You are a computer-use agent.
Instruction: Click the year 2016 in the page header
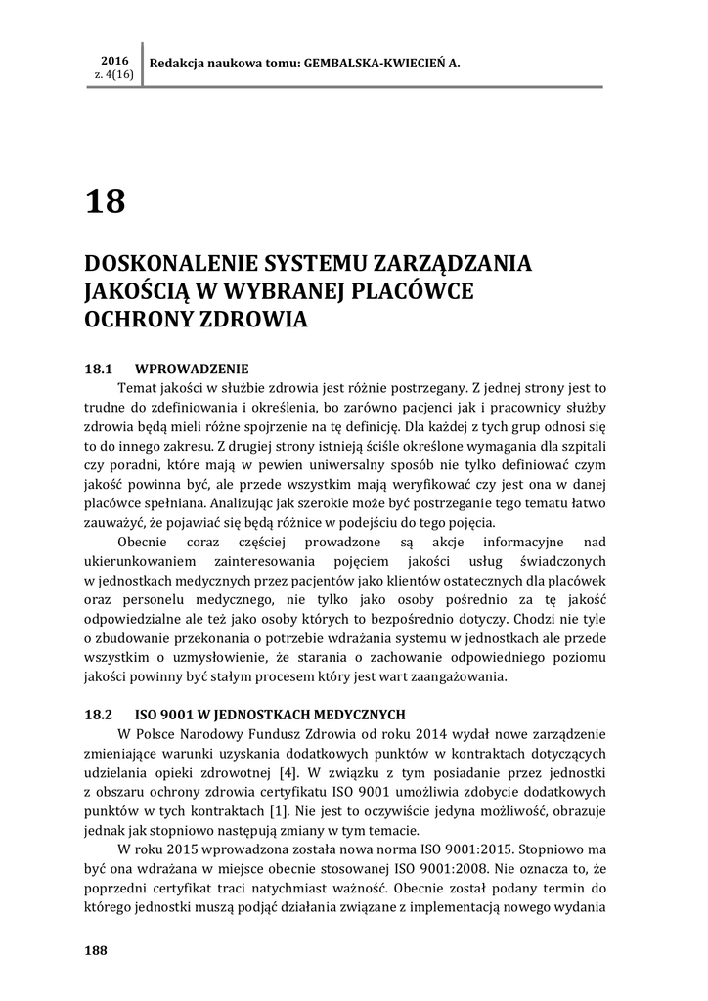pos(114,60)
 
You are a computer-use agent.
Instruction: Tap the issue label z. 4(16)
pos(114,74)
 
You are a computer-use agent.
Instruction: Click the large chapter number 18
pos(106,201)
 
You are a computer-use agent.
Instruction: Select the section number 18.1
pos(101,369)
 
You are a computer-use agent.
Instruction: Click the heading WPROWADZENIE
pos(192,369)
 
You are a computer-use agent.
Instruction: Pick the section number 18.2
pos(101,714)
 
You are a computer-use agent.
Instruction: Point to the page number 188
pos(96,951)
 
